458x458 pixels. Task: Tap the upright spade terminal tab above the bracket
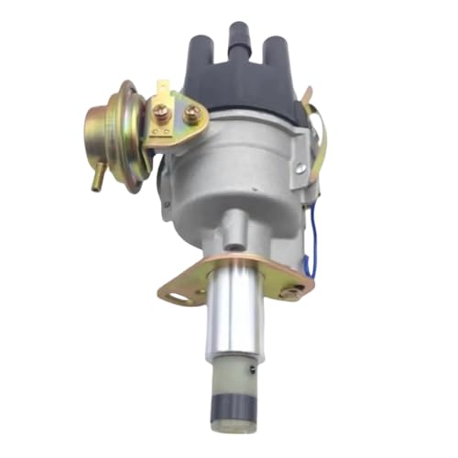coord(164,90)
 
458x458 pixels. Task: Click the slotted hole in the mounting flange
coord(177,296)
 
